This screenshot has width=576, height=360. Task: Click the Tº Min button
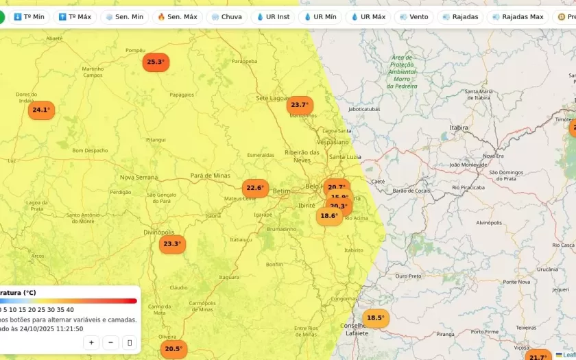pos(29,16)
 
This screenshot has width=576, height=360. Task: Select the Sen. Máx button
pos(178,16)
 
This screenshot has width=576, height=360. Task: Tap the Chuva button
pos(226,16)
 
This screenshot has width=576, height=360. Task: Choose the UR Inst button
pos(273,16)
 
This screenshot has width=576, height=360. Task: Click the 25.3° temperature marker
pos(156,62)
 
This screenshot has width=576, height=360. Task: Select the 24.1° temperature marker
pos(41,110)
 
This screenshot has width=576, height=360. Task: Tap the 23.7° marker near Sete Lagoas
pos(300,105)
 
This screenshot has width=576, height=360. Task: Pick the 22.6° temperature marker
pos(255,188)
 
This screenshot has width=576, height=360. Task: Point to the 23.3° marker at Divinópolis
pos(172,244)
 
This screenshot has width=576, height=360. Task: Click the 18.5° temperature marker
pos(375,318)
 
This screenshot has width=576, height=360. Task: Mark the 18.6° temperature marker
pos(329,216)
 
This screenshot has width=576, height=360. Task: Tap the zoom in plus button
pos(91,342)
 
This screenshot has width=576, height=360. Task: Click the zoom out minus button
pos(110,342)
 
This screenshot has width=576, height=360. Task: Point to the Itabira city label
pos(459,128)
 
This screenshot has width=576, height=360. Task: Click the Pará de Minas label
pos(211,176)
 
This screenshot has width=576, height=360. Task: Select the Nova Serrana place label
pos(139,177)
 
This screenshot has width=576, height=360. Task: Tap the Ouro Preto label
pos(409,276)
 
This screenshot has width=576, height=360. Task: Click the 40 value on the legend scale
pos(70,310)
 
